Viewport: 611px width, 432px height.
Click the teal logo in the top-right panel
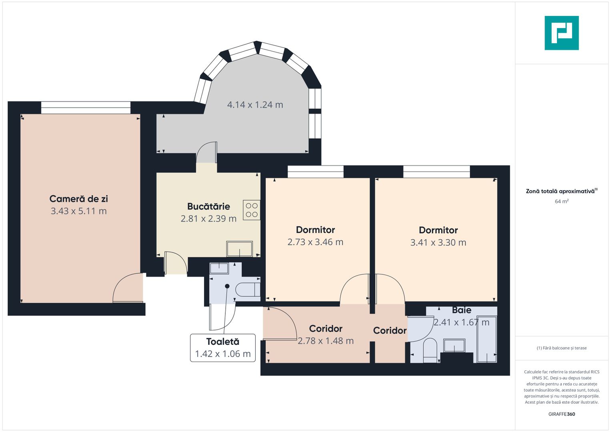(x=561, y=33)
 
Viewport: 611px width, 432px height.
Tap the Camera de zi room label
(x=78, y=199)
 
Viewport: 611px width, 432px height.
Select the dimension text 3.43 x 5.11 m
(x=78, y=211)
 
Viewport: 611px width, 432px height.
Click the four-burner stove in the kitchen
(x=252, y=210)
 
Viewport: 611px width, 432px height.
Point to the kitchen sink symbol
(x=239, y=249)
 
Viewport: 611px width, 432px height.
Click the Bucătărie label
(x=208, y=206)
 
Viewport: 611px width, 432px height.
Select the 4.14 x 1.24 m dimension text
(x=255, y=105)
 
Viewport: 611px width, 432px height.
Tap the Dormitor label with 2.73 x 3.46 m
(x=315, y=230)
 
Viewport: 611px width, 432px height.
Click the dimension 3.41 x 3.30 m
(x=438, y=242)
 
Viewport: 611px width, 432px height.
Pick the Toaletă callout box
(x=222, y=348)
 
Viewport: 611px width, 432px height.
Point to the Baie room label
(x=461, y=310)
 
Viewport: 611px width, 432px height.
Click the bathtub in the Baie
(x=487, y=339)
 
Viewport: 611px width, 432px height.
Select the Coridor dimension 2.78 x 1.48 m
(x=326, y=341)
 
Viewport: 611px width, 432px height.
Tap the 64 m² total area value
(x=561, y=201)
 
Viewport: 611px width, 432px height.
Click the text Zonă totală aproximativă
(x=560, y=191)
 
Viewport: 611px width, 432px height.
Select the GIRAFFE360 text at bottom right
(x=561, y=414)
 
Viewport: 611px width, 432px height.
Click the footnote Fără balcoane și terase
(x=561, y=348)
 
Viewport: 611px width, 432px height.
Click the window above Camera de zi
(x=86, y=108)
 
